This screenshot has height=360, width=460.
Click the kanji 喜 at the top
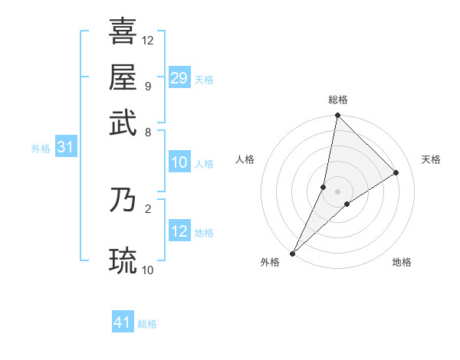123,32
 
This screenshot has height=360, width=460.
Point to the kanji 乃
123,199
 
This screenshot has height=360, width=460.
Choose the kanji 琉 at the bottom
123,260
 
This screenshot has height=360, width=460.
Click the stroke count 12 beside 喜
148,40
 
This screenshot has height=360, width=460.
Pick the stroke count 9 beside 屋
147,86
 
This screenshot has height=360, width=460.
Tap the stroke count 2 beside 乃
147,208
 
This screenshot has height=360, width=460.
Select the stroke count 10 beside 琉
148,270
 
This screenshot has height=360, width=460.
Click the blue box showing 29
179,78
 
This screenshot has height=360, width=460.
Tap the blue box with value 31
65,148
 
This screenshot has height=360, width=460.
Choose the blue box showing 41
123,322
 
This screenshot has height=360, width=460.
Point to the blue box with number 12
179,231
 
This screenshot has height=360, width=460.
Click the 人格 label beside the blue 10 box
204,164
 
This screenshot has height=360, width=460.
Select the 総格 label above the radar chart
337,100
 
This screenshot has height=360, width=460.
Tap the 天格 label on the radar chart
431,159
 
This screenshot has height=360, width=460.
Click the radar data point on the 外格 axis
293,254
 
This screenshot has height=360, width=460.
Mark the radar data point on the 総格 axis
337,116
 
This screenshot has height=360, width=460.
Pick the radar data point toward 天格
396,172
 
